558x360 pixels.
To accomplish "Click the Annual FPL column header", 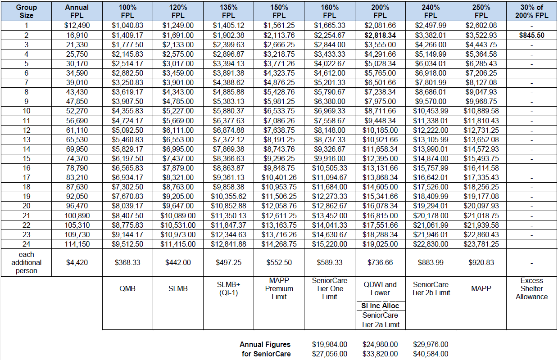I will click(77, 11).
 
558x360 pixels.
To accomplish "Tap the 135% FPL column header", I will click(228, 11).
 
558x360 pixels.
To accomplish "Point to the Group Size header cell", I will click(26, 11).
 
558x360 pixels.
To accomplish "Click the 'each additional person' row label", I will click(26, 263).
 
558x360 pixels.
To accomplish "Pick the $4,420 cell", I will click(77, 263).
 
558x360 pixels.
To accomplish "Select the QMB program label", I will click(127, 288).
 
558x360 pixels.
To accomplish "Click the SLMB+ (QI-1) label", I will click(228, 288).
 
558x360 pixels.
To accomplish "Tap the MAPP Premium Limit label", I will click(279, 288).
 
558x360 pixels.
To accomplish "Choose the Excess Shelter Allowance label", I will click(531, 288).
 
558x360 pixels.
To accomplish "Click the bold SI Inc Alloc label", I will click(380, 306).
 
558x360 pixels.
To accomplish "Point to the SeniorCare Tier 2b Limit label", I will click(431, 288).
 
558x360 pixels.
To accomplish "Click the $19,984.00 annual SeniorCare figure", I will click(330, 345).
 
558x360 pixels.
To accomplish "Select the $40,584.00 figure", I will click(431, 354).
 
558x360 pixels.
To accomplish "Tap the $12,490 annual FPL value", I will click(77, 25).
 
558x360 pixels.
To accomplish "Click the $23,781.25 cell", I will click(481, 244).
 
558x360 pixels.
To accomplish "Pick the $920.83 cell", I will click(481, 263).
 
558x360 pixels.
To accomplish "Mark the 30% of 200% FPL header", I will click(531, 11).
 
